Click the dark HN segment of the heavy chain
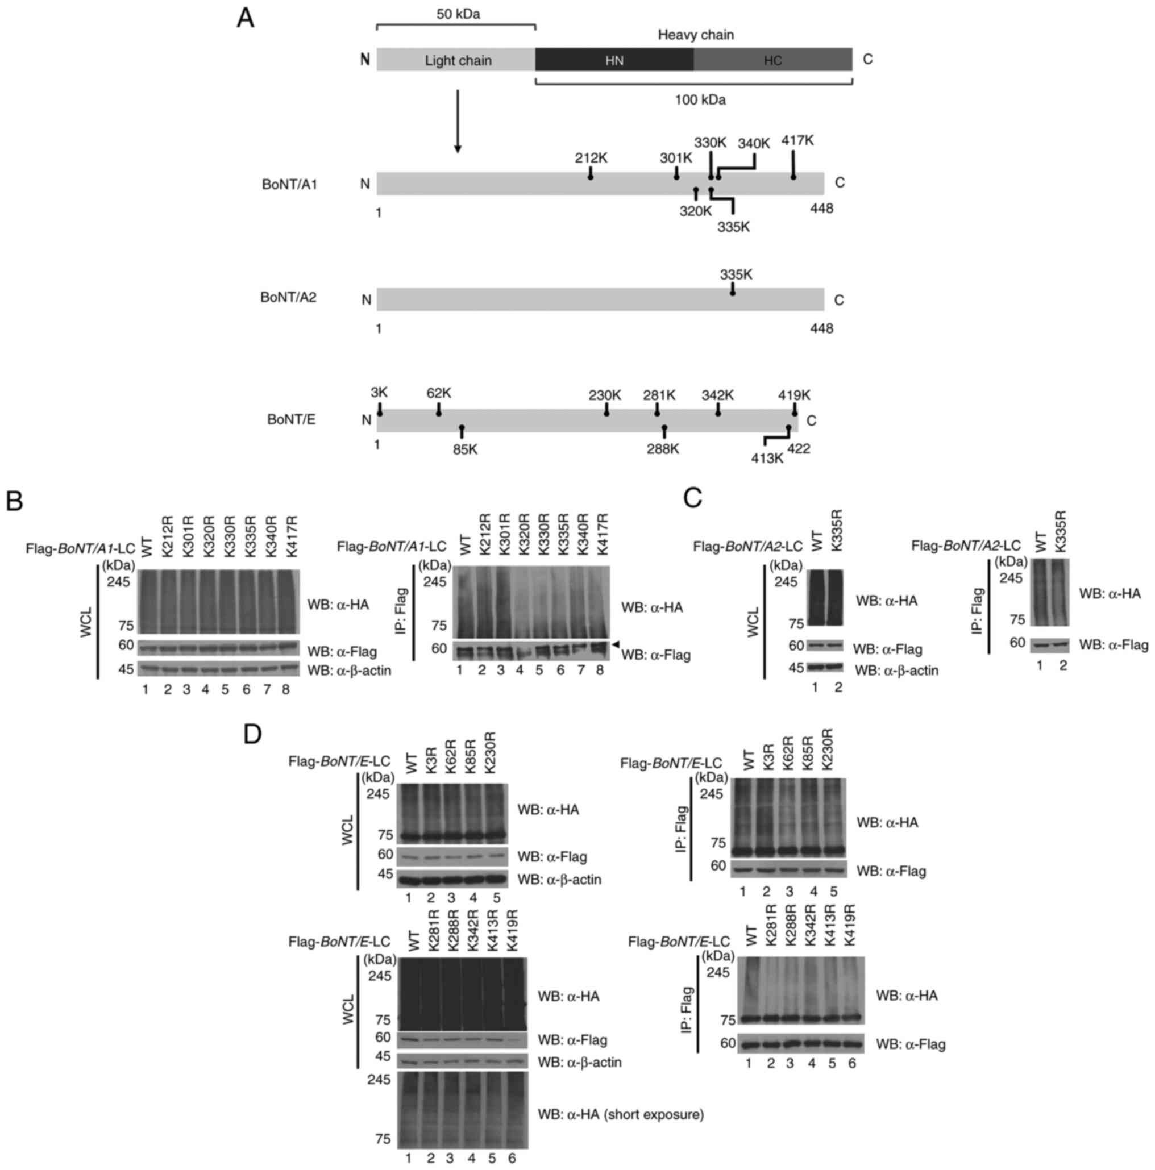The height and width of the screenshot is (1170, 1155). pyautogui.click(x=613, y=60)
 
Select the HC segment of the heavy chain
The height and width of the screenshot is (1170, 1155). pyautogui.click(x=772, y=60)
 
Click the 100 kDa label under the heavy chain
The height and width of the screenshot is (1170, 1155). pyautogui.click(x=700, y=100)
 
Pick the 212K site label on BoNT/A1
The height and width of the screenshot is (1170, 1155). pyautogui.click(x=591, y=158)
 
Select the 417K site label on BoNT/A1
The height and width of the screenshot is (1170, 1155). pyautogui.click(x=797, y=140)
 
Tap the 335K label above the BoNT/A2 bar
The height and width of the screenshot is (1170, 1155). pyautogui.click(x=736, y=274)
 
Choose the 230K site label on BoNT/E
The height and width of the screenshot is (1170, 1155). pyautogui.click(x=604, y=395)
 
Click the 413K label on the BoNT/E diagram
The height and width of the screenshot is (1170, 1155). pyautogui.click(x=767, y=459)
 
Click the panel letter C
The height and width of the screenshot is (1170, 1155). pyautogui.click(x=692, y=498)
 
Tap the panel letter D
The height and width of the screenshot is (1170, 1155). pyautogui.click(x=252, y=734)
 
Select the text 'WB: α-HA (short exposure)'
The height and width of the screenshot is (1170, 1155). pyautogui.click(x=620, y=1114)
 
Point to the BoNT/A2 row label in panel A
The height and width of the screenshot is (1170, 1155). pyautogui.click(x=288, y=297)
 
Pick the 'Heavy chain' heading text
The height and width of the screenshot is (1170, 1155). pyautogui.click(x=695, y=35)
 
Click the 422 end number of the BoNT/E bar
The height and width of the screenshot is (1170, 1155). pyautogui.click(x=798, y=449)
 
